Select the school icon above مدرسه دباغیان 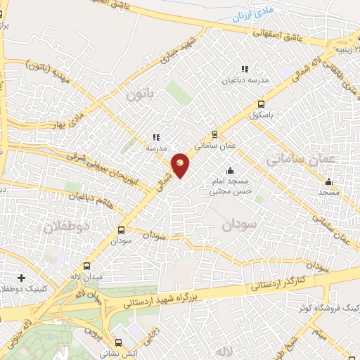point(245,69)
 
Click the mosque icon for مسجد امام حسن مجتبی point(230,171)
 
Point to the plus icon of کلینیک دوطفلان point(22,278)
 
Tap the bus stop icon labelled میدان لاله point(86,266)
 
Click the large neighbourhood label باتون point(141,94)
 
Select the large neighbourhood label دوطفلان point(67,227)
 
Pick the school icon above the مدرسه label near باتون point(156,138)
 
